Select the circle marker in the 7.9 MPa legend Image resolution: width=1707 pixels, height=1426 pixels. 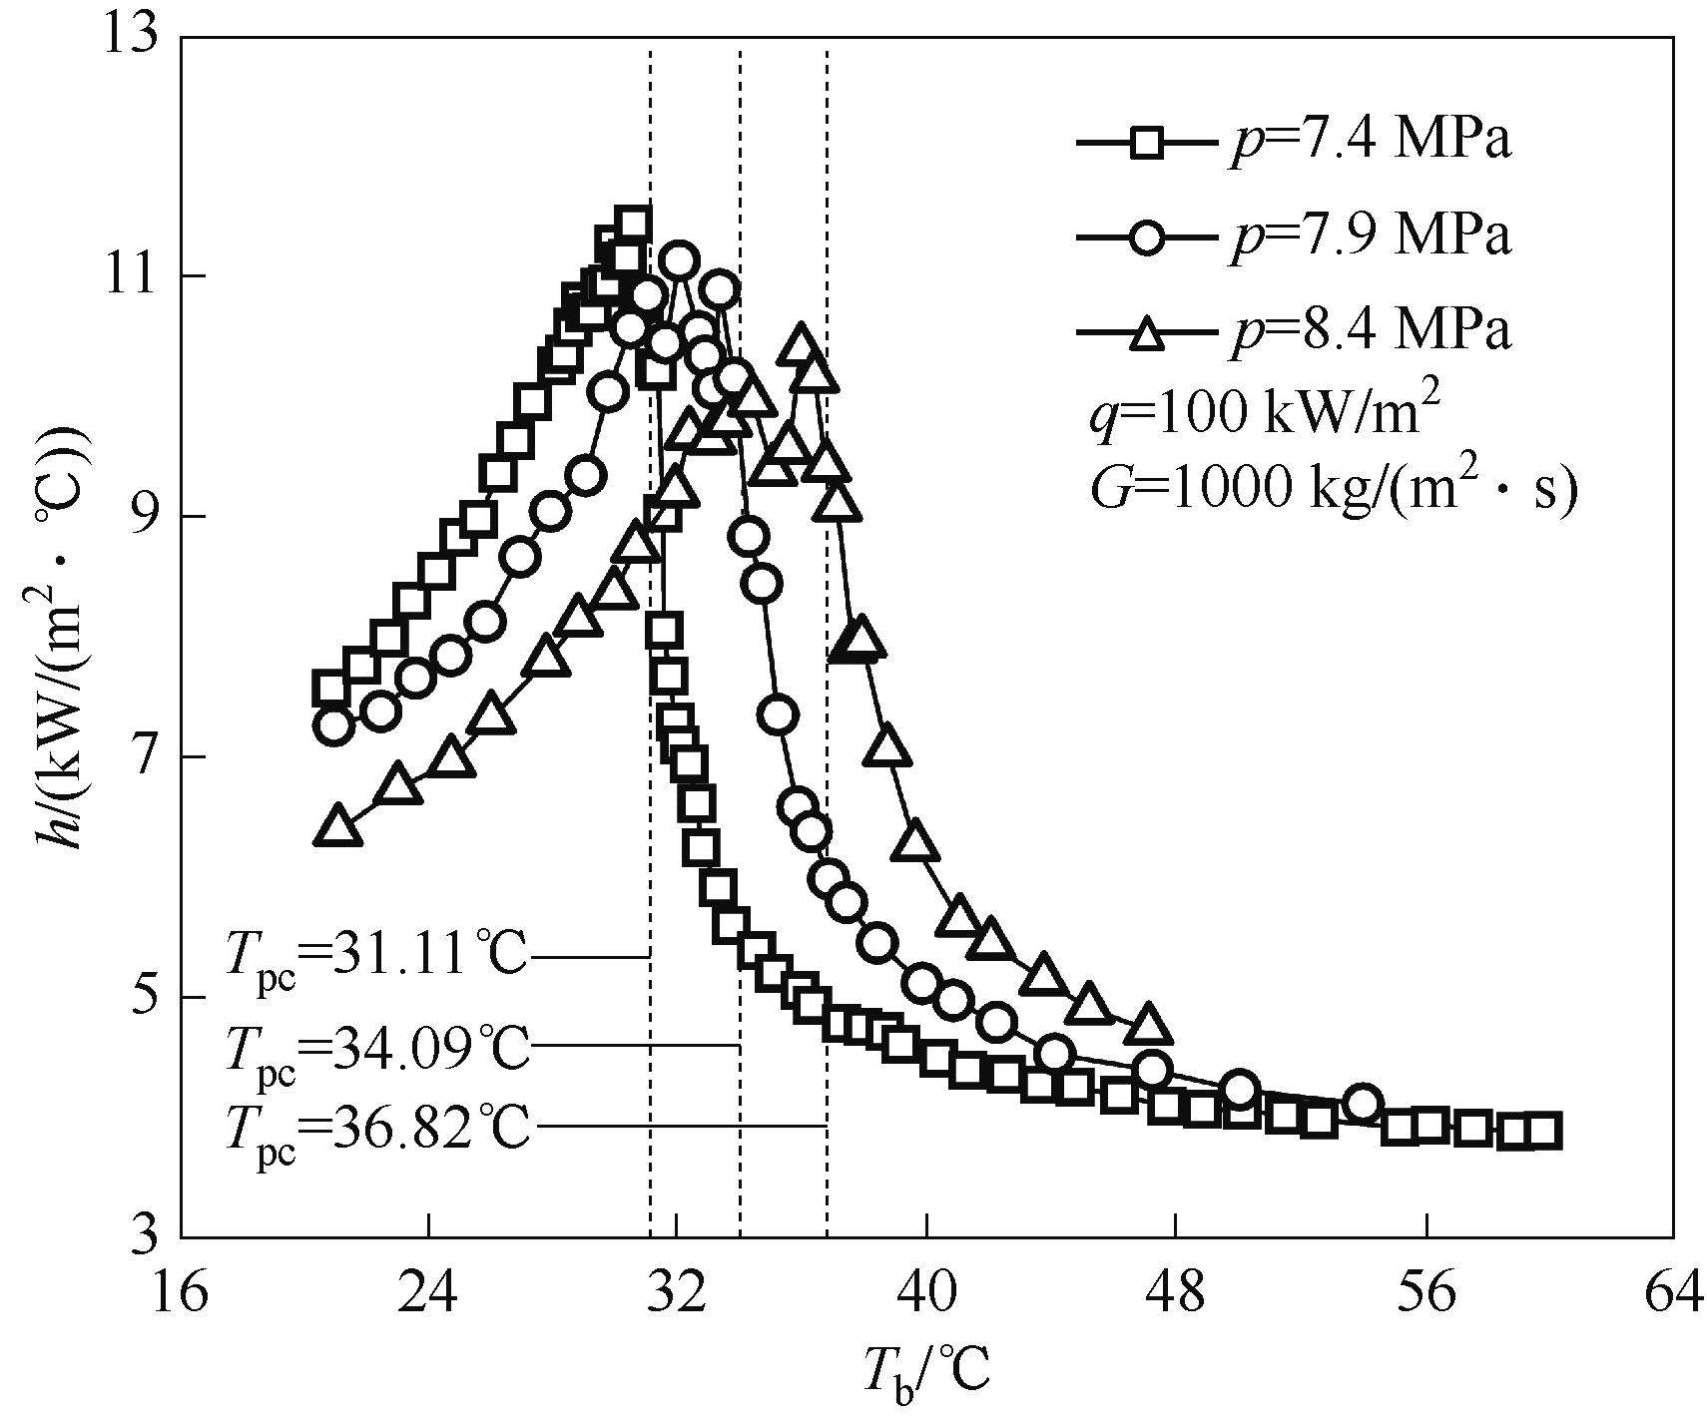tap(1148, 238)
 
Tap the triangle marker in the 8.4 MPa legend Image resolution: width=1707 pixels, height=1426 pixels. tap(1148, 331)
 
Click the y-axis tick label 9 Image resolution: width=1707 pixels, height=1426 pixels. tap(147, 517)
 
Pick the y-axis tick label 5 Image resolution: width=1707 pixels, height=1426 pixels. tap(147, 997)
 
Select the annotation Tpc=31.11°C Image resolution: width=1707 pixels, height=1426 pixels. tap(375, 958)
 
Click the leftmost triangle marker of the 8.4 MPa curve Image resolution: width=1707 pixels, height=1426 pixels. tap(337, 826)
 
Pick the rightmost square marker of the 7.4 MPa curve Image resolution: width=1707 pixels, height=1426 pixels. tap(1543, 1131)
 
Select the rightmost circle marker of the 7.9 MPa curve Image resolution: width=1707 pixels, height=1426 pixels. tap(1364, 1103)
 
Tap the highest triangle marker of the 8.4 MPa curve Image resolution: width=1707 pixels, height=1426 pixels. tap(801, 343)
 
